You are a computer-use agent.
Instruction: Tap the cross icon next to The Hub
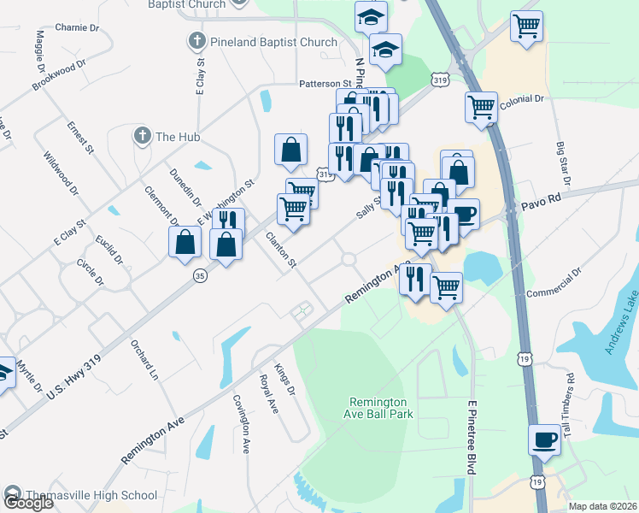pos(142,135)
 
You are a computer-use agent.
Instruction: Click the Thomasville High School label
pos(91,495)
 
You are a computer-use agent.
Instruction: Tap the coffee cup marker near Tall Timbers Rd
pos(544,441)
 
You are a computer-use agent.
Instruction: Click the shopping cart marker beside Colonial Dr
pos(481,107)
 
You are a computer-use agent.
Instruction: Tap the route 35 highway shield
pos(200,275)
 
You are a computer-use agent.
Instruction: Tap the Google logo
pos(28,502)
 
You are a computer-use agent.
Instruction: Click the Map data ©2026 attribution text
pos(602,506)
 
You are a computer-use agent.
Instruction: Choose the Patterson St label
pos(325,84)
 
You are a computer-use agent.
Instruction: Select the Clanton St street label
pos(280,251)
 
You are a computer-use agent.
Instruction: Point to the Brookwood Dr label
pos(59,75)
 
